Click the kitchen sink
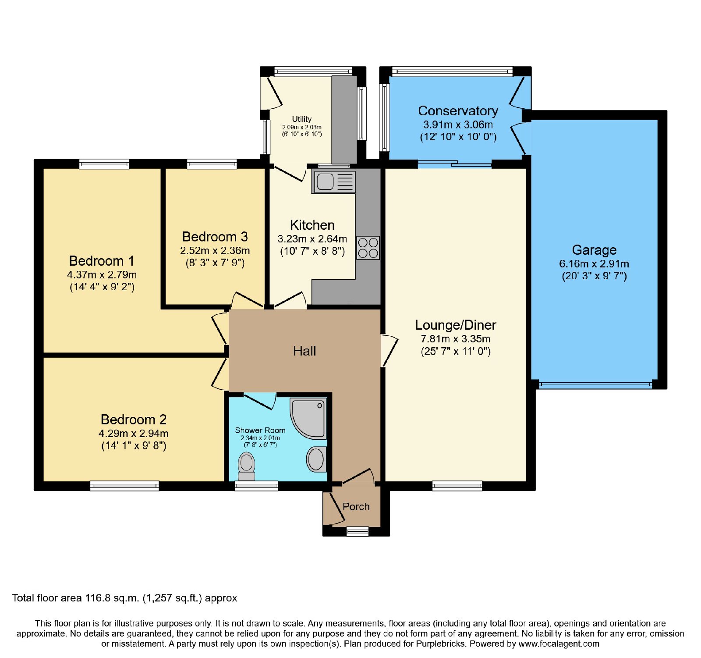click(333, 182)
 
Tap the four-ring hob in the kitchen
click(368, 248)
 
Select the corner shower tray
click(308, 418)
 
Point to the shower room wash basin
click(316, 459)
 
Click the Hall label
click(304, 351)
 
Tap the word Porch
click(356, 507)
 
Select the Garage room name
click(594, 250)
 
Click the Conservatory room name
click(458, 111)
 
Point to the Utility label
click(302, 119)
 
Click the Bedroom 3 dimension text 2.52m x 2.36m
click(215, 251)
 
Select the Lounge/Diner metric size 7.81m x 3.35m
click(456, 339)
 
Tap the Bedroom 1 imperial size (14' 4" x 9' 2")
click(102, 287)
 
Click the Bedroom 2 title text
click(134, 420)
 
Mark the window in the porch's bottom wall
click(358, 531)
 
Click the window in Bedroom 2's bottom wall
click(124, 486)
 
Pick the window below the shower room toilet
click(256, 486)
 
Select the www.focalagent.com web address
click(559, 644)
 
